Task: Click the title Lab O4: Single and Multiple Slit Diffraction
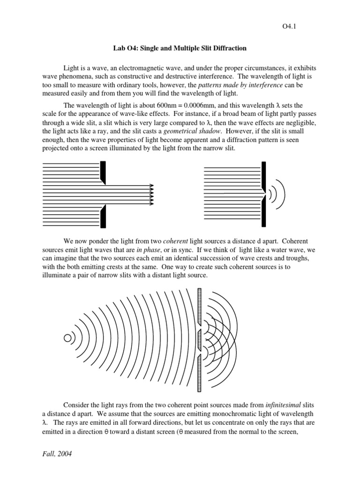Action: [180, 48]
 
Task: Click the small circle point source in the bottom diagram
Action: [68, 337]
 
